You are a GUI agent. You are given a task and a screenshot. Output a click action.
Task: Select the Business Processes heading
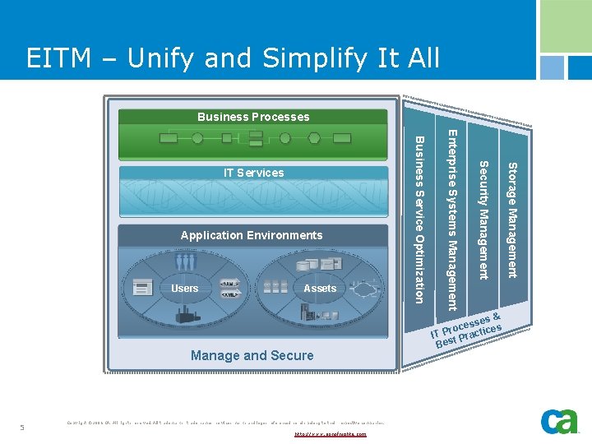pyautogui.click(x=253, y=117)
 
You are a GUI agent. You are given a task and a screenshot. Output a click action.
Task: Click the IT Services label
pyautogui.click(x=254, y=173)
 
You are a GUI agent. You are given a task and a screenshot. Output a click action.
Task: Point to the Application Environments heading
pyautogui.click(x=252, y=235)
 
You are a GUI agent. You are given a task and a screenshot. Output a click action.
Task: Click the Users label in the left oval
pyautogui.click(x=184, y=288)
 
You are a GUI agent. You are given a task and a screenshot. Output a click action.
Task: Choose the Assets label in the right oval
pyautogui.click(x=320, y=288)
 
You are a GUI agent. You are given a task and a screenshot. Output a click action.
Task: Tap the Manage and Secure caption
pyautogui.click(x=252, y=355)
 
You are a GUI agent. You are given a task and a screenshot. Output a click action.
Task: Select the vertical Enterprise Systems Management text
pyautogui.click(x=451, y=218)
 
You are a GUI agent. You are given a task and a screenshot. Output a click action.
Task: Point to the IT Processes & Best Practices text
pyautogui.click(x=468, y=327)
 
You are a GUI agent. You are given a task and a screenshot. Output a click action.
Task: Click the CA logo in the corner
pyautogui.click(x=559, y=421)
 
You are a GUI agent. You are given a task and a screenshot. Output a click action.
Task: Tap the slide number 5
pyautogui.click(x=22, y=427)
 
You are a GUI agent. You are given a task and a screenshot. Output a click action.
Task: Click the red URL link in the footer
pyautogui.click(x=330, y=433)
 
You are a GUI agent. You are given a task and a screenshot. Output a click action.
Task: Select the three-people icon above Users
pyautogui.click(x=187, y=262)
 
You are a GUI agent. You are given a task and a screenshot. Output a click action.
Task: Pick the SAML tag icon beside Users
pyautogui.click(x=230, y=284)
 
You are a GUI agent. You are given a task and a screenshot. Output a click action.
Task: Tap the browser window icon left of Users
pyautogui.click(x=143, y=289)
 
